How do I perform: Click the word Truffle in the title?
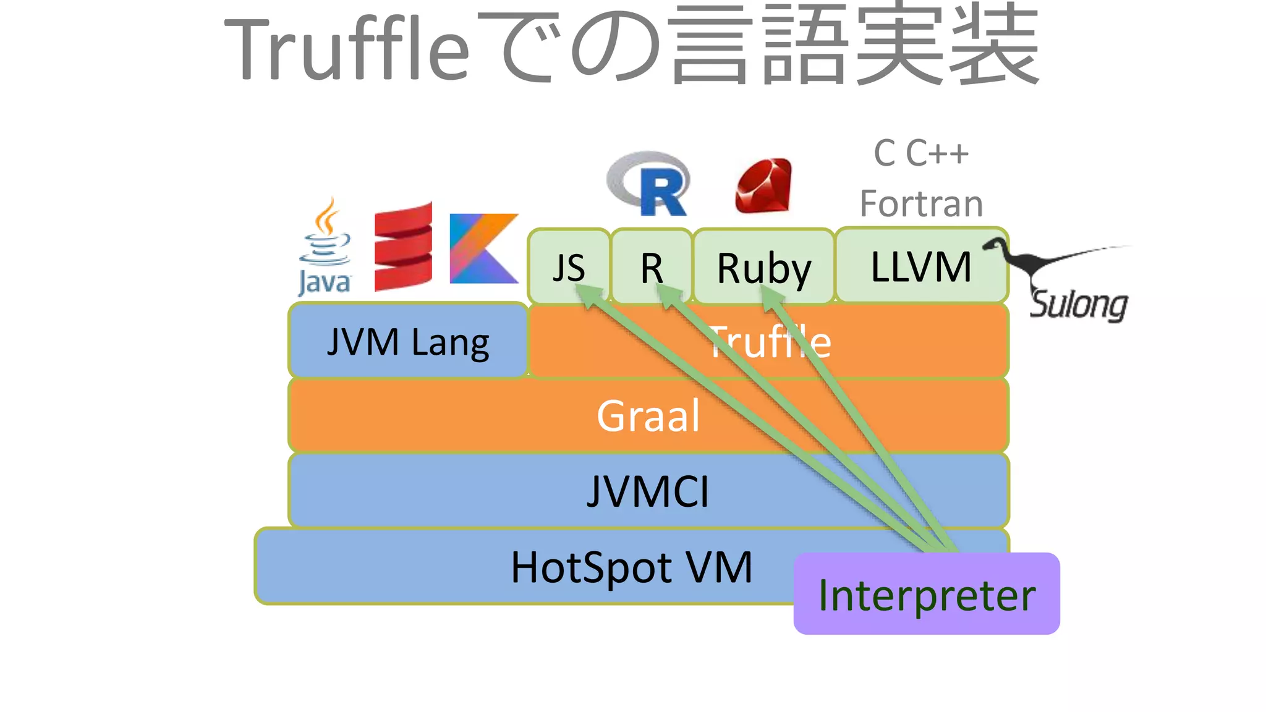tap(346, 49)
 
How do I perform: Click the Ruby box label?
tap(763, 269)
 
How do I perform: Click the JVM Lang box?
tap(408, 341)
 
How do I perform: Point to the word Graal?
tap(648, 415)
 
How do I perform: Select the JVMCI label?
tap(648, 491)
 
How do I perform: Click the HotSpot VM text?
tap(631, 567)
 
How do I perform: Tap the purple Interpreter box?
tap(926, 595)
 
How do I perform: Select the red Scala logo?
tap(403, 247)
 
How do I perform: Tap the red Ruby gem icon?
tap(763, 185)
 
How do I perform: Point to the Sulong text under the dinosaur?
tap(1079, 304)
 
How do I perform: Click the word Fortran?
tap(921, 203)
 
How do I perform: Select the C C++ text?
tap(921, 153)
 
